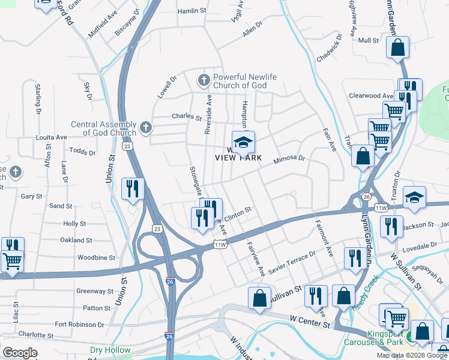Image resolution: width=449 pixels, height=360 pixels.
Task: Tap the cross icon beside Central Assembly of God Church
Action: click(x=145, y=127)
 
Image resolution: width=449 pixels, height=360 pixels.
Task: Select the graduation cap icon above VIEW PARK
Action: click(x=244, y=142)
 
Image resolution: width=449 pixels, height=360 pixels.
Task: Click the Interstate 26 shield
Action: click(x=170, y=281)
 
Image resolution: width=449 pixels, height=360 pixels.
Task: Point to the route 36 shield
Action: click(x=366, y=197)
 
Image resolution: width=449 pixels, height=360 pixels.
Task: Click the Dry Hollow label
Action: click(x=110, y=350)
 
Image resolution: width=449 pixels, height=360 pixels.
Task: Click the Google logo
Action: click(x=20, y=353)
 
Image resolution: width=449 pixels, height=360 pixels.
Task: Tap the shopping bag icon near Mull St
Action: click(x=398, y=48)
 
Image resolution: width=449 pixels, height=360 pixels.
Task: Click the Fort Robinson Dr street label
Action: click(x=79, y=324)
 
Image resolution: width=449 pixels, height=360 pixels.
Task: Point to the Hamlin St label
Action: click(x=192, y=11)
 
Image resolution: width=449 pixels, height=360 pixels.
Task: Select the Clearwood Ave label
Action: click(x=371, y=95)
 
